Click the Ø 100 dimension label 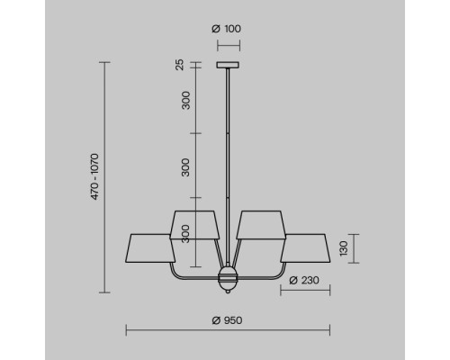tap(226, 29)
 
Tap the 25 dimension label tap(179, 65)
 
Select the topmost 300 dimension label tap(186, 101)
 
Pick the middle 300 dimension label tap(186, 167)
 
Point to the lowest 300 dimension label tap(186, 234)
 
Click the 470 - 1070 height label tap(94, 176)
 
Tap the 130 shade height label tap(344, 248)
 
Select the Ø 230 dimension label tap(304, 281)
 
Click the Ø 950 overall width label tap(227, 320)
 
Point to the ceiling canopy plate tap(228, 65)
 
